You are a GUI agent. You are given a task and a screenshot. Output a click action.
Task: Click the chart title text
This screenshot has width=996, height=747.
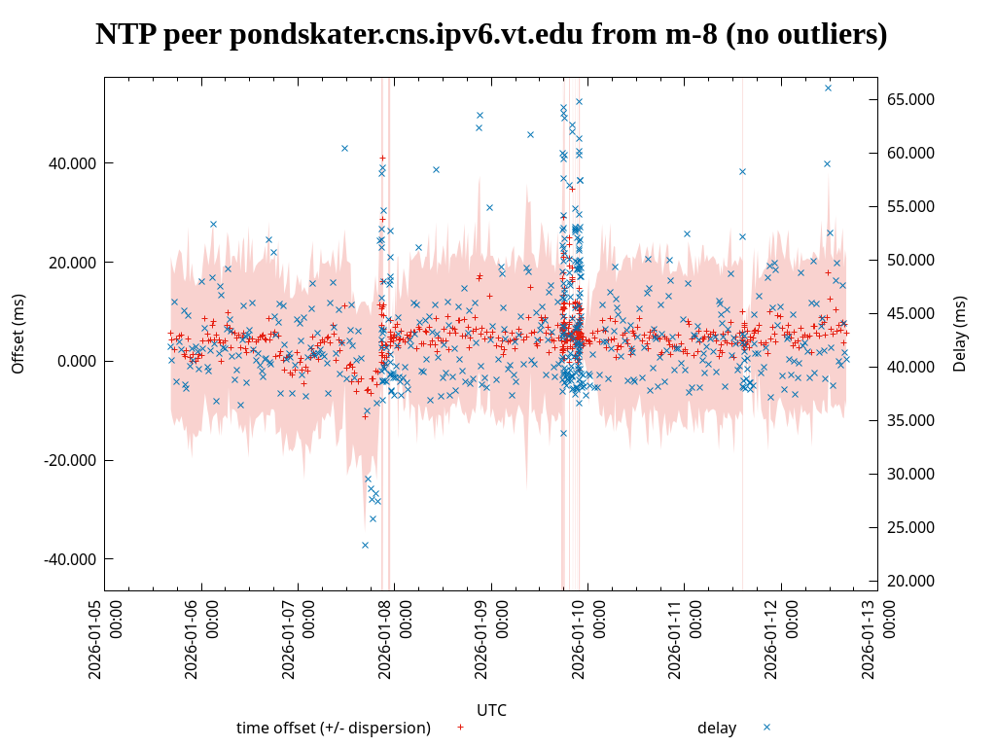pos(491,35)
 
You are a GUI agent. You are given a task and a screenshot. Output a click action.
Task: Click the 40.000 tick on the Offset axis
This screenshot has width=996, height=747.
pos(73,162)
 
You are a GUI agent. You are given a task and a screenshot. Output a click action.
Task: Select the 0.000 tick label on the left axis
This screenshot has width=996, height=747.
pos(78,361)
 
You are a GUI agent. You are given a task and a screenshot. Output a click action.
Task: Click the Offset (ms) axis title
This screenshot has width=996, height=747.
pos(18,334)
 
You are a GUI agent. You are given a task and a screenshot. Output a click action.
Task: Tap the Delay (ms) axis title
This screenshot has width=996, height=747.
pos(960,334)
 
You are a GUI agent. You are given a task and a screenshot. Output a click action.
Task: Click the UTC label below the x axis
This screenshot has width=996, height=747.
pos(491,710)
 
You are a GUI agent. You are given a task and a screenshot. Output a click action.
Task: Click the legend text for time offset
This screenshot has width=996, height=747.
pos(334,728)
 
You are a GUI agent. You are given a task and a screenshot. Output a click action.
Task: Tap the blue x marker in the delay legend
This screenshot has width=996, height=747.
pos(766,727)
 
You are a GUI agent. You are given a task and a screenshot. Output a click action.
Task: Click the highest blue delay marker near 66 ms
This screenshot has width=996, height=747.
pos(828,88)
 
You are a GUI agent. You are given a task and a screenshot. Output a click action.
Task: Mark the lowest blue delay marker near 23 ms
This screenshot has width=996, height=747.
pos(365,545)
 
